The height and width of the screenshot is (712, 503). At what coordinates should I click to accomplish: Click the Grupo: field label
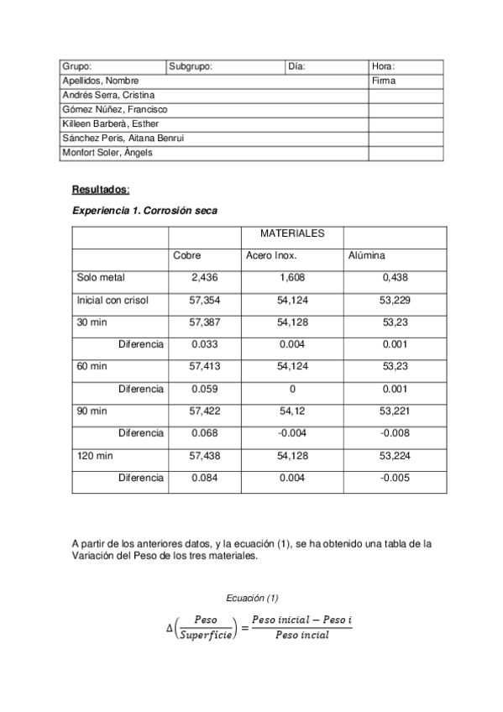point(77,66)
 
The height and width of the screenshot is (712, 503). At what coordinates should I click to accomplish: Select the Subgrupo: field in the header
point(191,66)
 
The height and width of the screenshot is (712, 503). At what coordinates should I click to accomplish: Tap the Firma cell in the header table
point(384,81)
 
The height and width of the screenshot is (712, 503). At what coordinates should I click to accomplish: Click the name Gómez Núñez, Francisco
point(115,109)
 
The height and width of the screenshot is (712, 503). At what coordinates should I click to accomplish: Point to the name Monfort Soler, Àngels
point(107,153)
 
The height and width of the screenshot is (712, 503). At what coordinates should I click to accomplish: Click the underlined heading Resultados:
point(101,190)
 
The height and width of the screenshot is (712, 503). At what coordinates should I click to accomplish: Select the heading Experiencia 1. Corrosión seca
point(144,211)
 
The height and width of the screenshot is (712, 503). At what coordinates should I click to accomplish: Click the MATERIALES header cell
point(291,233)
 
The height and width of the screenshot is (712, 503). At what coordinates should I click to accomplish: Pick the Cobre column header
point(186,255)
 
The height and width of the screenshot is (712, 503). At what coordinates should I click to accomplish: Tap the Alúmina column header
point(366,255)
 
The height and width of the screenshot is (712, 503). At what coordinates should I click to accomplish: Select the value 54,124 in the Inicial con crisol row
point(292,300)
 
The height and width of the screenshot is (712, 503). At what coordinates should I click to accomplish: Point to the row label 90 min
point(92,411)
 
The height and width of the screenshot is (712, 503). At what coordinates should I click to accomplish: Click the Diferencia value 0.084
point(205,478)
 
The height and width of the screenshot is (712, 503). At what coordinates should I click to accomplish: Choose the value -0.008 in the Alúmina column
point(393,433)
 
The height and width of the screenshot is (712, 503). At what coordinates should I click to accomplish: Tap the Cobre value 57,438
point(206,456)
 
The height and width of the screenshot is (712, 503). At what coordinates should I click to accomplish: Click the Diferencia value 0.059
point(205,389)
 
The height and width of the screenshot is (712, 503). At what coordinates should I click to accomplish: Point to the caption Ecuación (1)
point(252,598)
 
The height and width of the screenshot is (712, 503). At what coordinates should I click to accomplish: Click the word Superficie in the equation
point(206,635)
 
